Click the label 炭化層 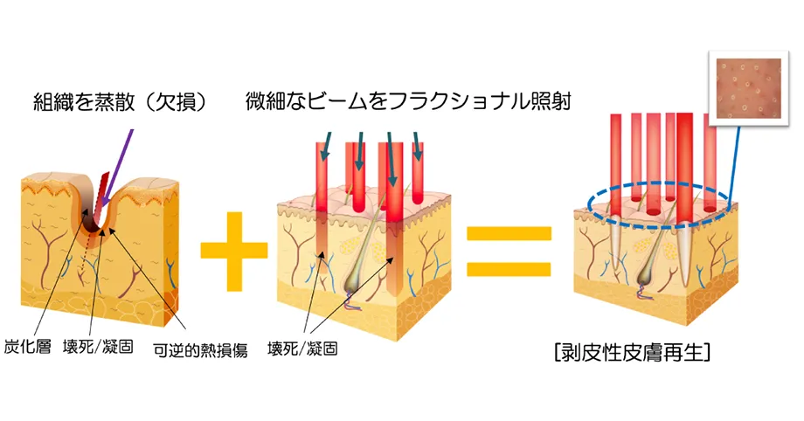33,348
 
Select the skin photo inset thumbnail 745,88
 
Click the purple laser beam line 121,155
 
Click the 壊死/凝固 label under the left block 98,348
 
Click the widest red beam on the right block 684,162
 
